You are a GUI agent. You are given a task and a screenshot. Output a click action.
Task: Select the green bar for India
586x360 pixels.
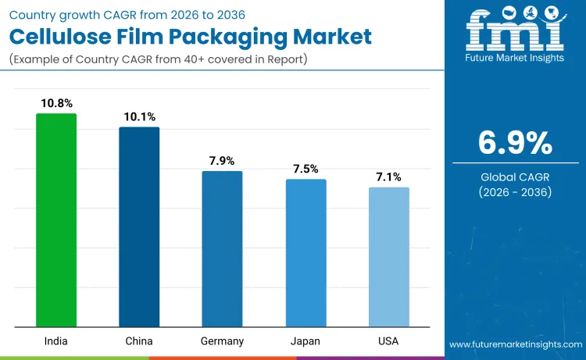pos(56,220)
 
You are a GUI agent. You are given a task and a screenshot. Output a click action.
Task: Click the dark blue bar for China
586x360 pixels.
pos(139,226)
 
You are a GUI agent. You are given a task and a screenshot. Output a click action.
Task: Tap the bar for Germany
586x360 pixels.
pos(222,248)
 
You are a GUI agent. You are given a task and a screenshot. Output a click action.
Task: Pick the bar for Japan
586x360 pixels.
pos(306,252)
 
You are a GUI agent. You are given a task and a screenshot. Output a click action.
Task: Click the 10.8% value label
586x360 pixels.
pos(56,102)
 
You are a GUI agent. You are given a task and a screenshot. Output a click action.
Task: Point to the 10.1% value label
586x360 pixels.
pos(139,116)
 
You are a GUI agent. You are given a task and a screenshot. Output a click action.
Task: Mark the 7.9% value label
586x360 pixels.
pos(222,160)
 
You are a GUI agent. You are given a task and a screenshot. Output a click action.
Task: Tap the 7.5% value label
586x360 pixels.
pos(306,169)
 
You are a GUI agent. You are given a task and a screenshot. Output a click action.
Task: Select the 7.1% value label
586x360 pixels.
pos(389,176)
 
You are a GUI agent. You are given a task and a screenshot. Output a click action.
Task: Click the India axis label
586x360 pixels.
pos(56,341)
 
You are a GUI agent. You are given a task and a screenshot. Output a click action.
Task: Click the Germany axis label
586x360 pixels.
pos(222,341)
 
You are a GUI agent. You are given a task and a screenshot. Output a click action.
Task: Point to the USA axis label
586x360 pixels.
pos(389,341)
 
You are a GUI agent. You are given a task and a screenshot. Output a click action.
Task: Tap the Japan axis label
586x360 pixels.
pos(306,341)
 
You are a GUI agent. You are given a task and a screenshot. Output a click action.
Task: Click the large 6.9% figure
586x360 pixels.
pos(515,143)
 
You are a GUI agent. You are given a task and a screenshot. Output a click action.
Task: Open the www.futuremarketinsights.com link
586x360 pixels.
pos(515,344)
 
